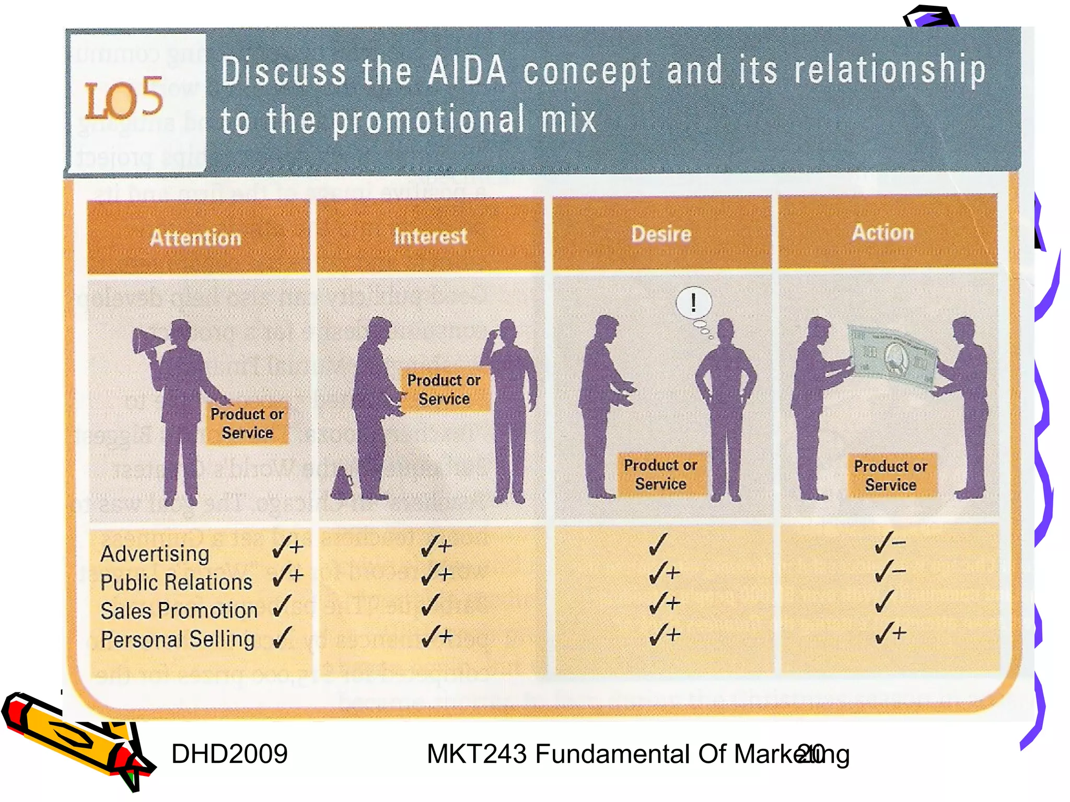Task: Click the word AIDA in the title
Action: (467, 71)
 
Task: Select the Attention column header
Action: (196, 238)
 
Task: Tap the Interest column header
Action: (431, 236)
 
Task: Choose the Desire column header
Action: (661, 234)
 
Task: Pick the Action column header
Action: (883, 232)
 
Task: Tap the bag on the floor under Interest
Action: (342, 483)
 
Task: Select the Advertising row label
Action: (155, 553)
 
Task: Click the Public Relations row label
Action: (176, 582)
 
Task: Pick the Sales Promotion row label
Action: (179, 611)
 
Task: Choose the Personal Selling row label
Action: (178, 639)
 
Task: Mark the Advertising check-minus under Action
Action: (889, 543)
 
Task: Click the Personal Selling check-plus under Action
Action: (891, 633)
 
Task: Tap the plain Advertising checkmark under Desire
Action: (658, 544)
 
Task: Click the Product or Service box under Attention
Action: (247, 423)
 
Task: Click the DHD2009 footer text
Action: (229, 754)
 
